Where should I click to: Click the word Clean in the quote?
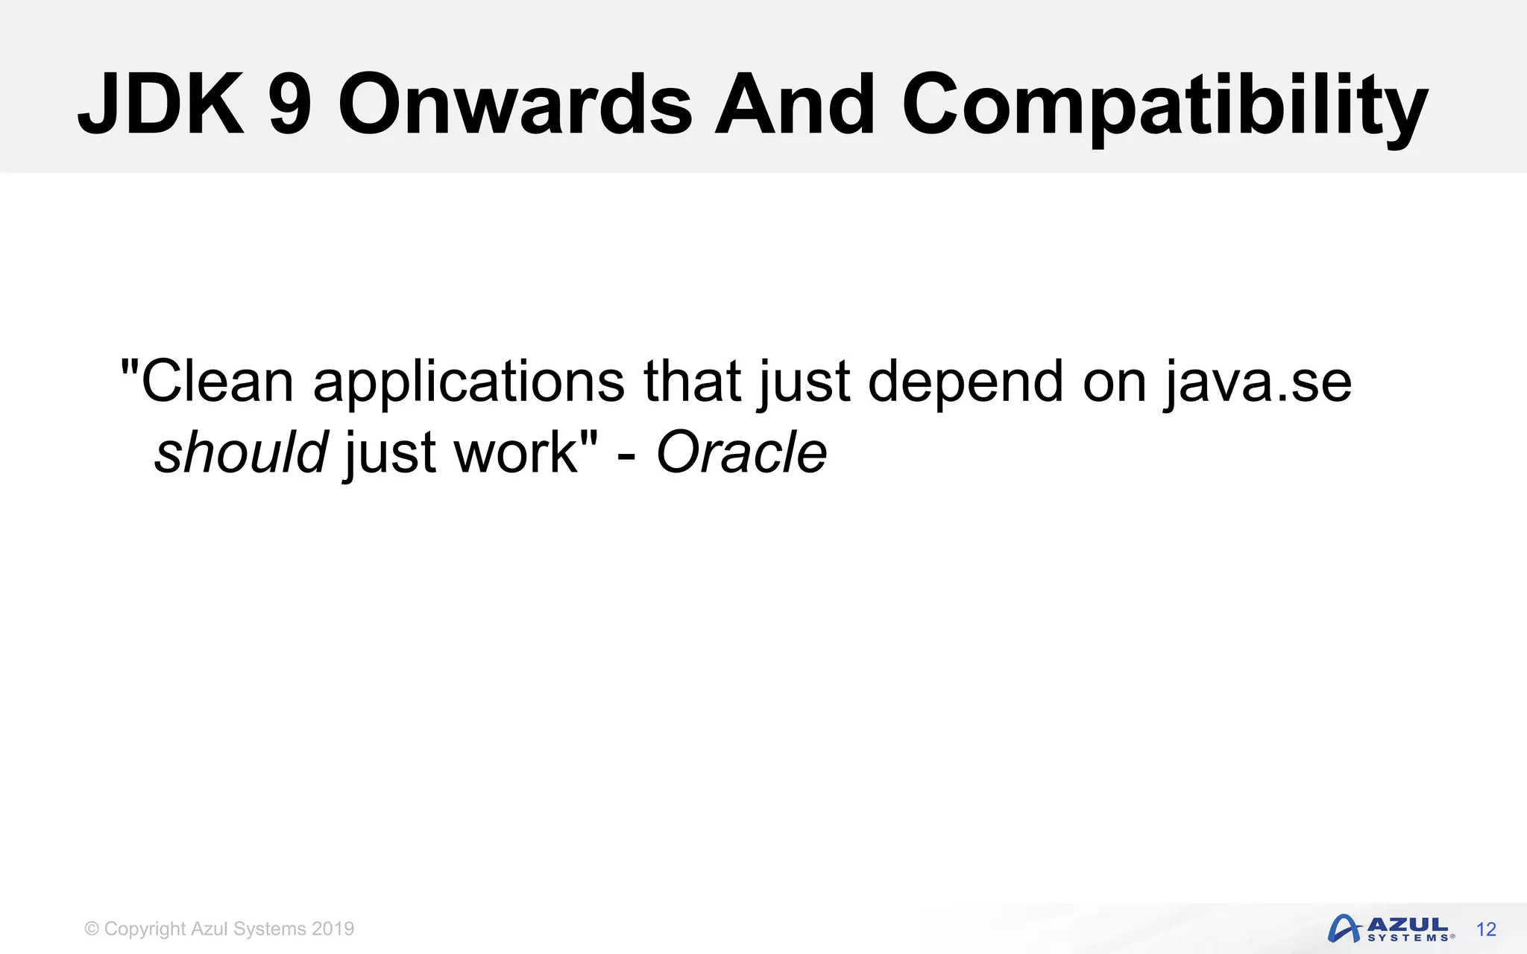click(x=216, y=382)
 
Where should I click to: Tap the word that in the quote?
click(x=692, y=382)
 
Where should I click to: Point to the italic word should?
click(x=241, y=453)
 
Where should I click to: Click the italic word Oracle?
click(x=741, y=453)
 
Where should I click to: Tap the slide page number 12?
click(x=1486, y=929)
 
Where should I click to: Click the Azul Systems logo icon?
click(x=1344, y=929)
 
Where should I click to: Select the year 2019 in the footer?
click(x=333, y=929)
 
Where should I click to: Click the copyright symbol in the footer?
click(x=92, y=929)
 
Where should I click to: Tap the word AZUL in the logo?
click(x=1408, y=924)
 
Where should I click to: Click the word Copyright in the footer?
click(x=145, y=929)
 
